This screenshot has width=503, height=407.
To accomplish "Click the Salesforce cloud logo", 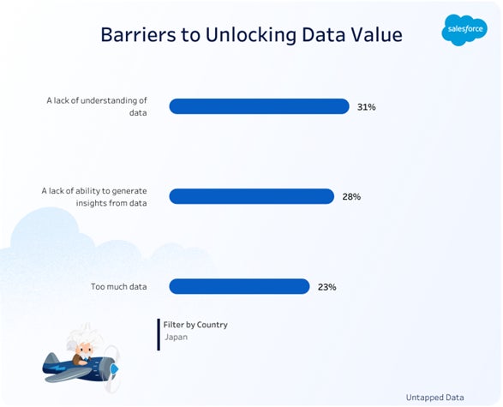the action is [x=464, y=30].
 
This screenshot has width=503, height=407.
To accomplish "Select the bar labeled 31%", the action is [x=259, y=106].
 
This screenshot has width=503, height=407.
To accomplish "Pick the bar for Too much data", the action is [x=239, y=286].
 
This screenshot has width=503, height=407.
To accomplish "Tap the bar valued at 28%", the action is [x=252, y=196].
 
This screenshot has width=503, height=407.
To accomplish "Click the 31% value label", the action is [x=367, y=107].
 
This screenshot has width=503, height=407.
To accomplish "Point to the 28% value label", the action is [x=351, y=196].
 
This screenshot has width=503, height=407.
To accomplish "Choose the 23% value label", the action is [x=326, y=287].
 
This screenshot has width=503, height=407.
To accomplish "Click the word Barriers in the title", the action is [x=138, y=34].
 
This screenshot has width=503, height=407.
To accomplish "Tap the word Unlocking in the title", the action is [x=251, y=35].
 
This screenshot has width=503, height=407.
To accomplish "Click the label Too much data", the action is [x=119, y=286].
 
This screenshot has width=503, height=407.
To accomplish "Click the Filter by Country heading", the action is [x=195, y=325].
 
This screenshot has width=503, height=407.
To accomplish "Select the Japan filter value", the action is [x=177, y=337].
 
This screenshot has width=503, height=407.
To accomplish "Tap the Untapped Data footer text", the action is [x=434, y=398].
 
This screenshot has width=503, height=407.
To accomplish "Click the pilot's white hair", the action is [x=84, y=336].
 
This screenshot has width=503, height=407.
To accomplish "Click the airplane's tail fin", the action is [x=51, y=358].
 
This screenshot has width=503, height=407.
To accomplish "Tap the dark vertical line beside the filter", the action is [x=159, y=334].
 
